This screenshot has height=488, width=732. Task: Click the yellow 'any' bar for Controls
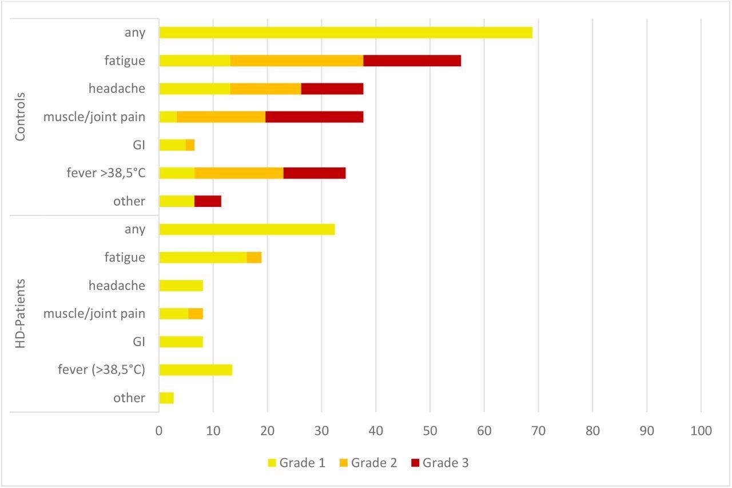tap(345, 33)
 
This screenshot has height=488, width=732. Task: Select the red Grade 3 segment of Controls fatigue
tap(412, 61)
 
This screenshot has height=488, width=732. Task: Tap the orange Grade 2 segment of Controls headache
tap(265, 89)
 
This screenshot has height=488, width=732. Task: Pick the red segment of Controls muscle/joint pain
tap(314, 117)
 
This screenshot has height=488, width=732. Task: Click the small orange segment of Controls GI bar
tap(190, 145)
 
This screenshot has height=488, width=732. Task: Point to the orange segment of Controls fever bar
tap(239, 173)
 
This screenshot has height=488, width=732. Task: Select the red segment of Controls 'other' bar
tap(208, 201)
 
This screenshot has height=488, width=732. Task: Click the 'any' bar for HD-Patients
tap(246, 229)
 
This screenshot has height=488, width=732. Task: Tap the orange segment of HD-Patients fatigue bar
tap(254, 258)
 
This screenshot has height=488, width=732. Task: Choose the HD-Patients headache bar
tap(181, 286)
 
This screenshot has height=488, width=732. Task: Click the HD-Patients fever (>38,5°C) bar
tap(196, 370)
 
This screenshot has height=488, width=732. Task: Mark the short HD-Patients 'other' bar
tap(166, 398)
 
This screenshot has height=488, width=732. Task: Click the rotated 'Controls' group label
tap(21, 117)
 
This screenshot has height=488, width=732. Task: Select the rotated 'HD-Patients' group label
tap(21, 314)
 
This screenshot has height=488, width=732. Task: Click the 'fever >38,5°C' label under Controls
tap(106, 173)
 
